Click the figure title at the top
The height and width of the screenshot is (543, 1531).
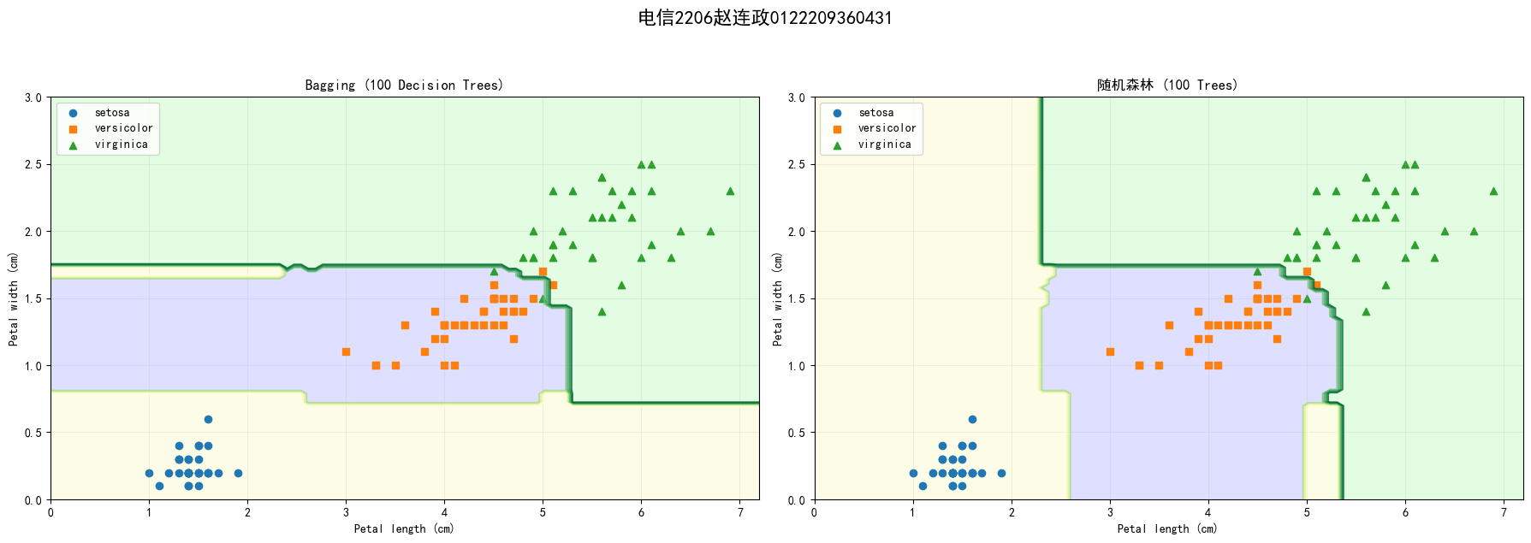[x=765, y=18]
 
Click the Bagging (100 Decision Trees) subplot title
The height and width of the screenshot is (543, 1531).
[x=404, y=86]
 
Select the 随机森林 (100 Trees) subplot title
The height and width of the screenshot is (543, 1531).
[x=1167, y=86]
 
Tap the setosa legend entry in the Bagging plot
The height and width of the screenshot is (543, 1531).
[x=111, y=113]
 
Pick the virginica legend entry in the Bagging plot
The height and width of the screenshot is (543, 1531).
[x=121, y=145]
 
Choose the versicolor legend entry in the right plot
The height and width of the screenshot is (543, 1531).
[x=887, y=128]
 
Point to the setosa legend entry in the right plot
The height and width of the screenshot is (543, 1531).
[x=875, y=113]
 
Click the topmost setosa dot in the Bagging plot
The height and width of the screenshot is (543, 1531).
[x=208, y=419]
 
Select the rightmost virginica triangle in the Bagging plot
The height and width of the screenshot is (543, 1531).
[x=730, y=191]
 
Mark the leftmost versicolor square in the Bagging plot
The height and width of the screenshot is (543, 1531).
[x=346, y=351]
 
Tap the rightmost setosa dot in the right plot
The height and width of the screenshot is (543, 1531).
[x=1001, y=473]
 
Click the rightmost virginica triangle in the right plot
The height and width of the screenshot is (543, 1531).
[x=1493, y=191]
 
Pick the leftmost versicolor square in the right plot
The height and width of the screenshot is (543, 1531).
[x=1110, y=351]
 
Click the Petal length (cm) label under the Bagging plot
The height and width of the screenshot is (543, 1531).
[x=404, y=529]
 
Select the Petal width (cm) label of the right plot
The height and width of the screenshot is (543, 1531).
[x=777, y=298]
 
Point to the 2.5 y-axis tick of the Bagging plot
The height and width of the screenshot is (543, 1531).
[x=33, y=164]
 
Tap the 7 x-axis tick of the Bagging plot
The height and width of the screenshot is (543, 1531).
[x=740, y=512]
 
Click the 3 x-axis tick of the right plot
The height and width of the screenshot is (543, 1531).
[x=1110, y=512]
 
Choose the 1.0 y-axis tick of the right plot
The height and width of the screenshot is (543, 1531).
[x=796, y=366]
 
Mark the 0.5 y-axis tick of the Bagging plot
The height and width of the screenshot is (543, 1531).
[x=33, y=433]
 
